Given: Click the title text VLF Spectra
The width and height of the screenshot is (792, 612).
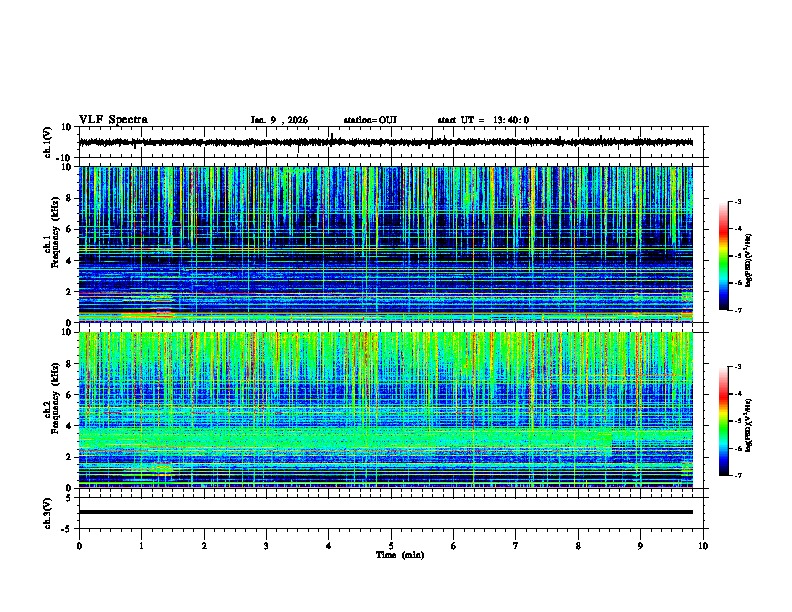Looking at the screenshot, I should coord(113,120).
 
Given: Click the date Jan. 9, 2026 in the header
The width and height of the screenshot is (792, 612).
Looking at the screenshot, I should coord(279,120).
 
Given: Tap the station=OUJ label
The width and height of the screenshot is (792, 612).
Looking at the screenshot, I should coord(370,120).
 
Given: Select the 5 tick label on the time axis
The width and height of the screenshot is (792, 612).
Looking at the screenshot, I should coord(392,545).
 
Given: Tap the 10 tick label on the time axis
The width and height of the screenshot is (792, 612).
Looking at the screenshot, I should coord(703,545).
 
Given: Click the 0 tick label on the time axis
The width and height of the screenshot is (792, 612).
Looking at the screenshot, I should coord(79,545).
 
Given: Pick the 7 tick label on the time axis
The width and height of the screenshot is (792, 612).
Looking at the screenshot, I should coord(516,545).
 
